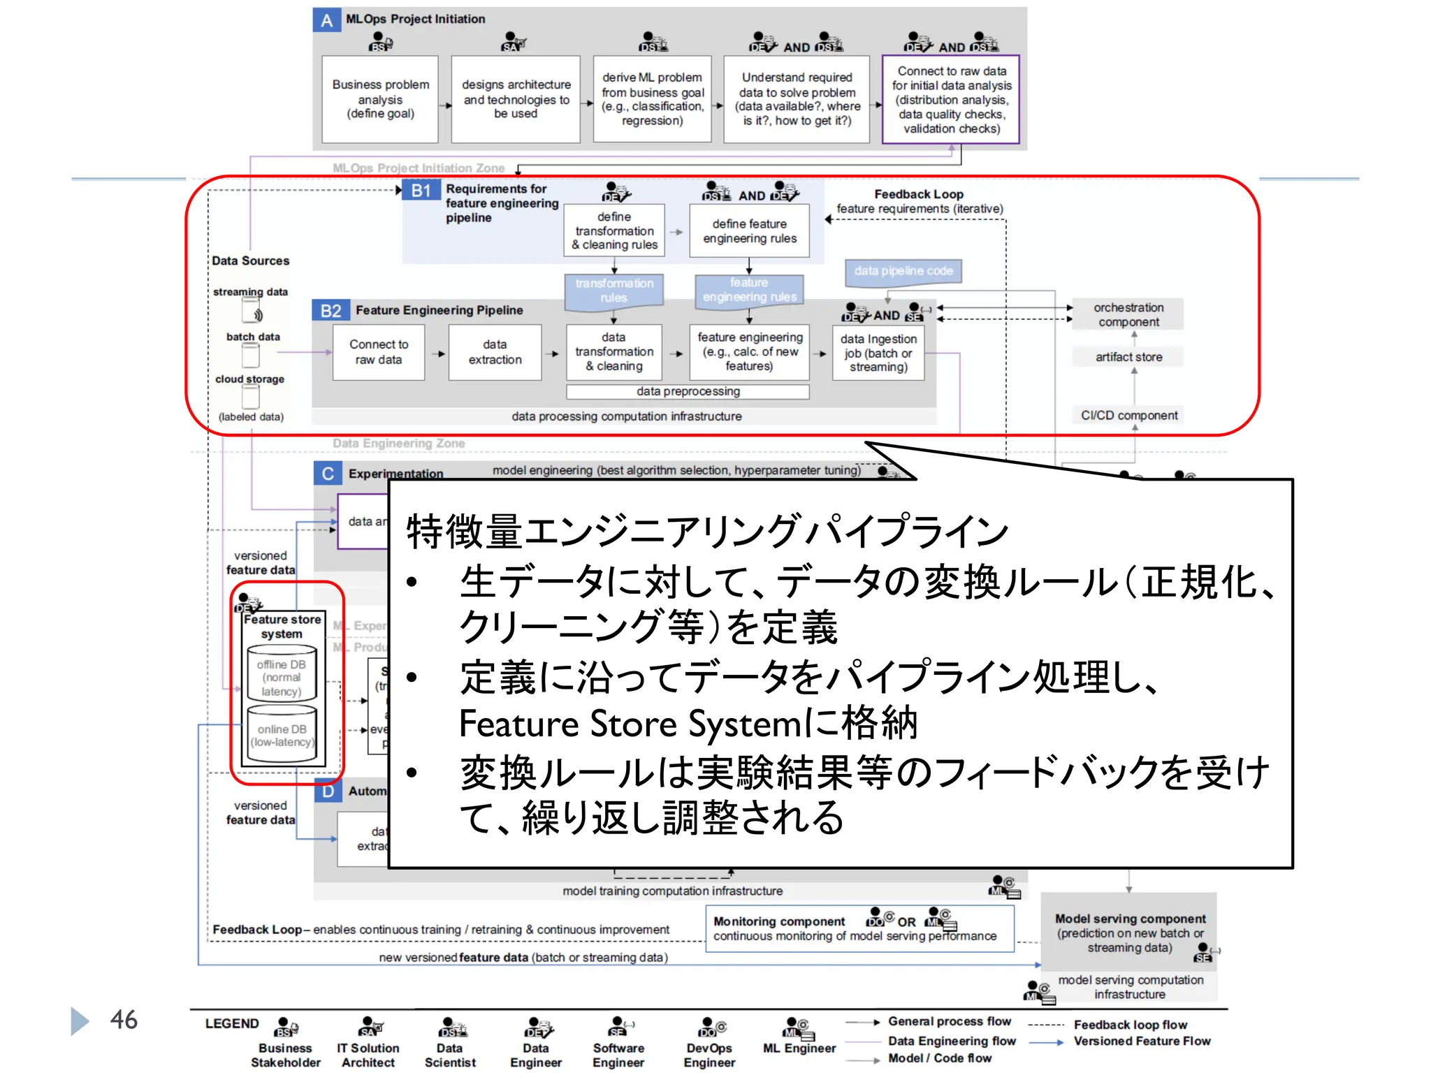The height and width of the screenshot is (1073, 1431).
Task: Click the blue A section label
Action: point(326,20)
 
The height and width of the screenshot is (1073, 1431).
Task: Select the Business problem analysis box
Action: point(380,99)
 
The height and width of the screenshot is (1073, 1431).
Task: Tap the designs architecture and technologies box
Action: point(516,99)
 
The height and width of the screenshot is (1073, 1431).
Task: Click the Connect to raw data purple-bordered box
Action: point(951,100)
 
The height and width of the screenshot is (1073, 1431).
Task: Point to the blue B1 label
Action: point(421,191)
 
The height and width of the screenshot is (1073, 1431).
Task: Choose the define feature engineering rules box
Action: point(749,231)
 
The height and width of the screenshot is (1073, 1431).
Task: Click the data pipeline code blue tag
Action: point(903,271)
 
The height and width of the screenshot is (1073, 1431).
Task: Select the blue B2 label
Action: point(330,311)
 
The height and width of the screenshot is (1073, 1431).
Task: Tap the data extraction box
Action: point(495,352)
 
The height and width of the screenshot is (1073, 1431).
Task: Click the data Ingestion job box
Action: point(878,353)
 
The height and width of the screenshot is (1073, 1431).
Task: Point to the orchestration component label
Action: point(1128,315)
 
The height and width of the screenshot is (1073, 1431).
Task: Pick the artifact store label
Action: point(1128,357)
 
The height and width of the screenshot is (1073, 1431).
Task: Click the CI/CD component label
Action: point(1129,416)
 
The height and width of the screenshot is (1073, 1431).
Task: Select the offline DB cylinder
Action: point(282,675)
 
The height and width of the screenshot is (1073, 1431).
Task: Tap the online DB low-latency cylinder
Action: point(282,735)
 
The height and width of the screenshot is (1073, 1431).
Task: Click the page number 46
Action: point(124,1020)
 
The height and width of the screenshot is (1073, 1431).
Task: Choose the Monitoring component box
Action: point(859,929)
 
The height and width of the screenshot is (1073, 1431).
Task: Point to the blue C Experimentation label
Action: point(328,474)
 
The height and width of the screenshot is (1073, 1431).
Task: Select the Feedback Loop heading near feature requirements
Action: point(918,194)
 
